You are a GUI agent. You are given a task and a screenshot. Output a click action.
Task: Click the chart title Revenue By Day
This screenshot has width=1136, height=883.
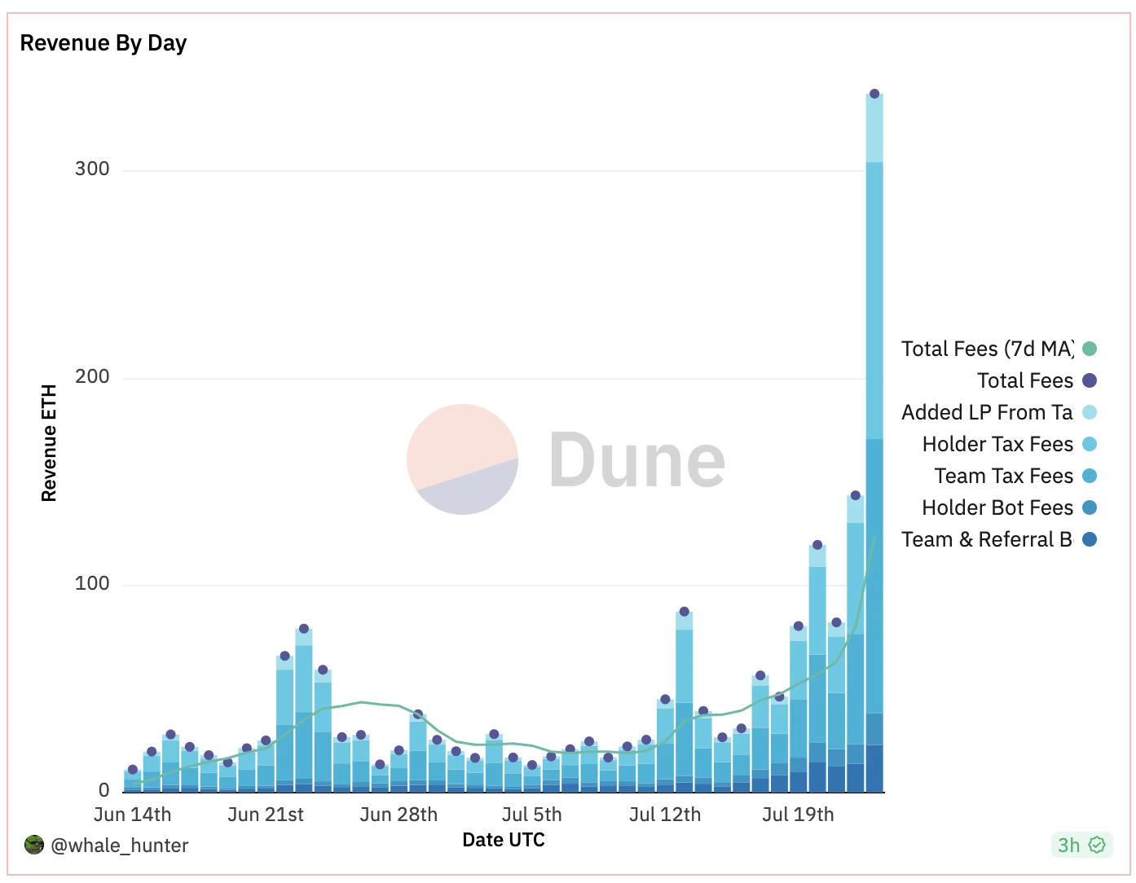[103, 43]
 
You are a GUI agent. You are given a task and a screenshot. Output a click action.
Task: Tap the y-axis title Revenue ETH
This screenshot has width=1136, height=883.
[50, 442]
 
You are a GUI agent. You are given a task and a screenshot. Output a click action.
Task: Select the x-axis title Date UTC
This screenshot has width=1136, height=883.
[503, 840]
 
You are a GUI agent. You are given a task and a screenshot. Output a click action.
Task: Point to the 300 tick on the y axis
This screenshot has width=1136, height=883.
[92, 169]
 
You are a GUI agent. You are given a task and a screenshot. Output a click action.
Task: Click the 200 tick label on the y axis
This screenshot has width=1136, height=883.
[92, 376]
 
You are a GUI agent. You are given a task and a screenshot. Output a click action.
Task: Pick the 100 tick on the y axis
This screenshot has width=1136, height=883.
[92, 583]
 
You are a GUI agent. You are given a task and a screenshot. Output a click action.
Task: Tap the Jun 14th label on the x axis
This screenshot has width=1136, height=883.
[132, 815]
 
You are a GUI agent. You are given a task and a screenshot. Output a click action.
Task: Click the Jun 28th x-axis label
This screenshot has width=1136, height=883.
[398, 815]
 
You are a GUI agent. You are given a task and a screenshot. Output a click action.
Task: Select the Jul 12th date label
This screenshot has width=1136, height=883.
[664, 815]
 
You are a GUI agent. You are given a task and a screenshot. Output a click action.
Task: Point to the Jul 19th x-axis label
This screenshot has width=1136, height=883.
[798, 815]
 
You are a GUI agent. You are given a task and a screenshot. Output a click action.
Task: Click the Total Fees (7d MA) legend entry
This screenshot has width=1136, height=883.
[998, 349]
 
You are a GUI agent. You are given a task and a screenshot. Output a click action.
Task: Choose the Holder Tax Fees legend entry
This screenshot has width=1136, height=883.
[1008, 444]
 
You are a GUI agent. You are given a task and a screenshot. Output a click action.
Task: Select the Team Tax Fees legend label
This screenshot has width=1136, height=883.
[1015, 476]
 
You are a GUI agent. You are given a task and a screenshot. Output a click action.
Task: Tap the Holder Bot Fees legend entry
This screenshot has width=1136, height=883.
[1008, 507]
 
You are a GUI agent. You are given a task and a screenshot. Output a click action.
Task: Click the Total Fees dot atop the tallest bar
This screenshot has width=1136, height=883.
[874, 94]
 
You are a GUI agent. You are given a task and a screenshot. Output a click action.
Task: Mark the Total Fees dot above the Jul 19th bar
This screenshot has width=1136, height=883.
[799, 626]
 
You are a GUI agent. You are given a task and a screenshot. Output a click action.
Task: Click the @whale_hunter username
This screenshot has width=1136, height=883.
[120, 846]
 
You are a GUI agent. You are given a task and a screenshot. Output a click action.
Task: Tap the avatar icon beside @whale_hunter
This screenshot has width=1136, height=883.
[34, 845]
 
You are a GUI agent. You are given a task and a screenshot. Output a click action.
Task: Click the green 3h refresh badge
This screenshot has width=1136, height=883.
[1081, 845]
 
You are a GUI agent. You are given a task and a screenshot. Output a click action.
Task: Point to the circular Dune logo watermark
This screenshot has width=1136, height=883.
[462, 459]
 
